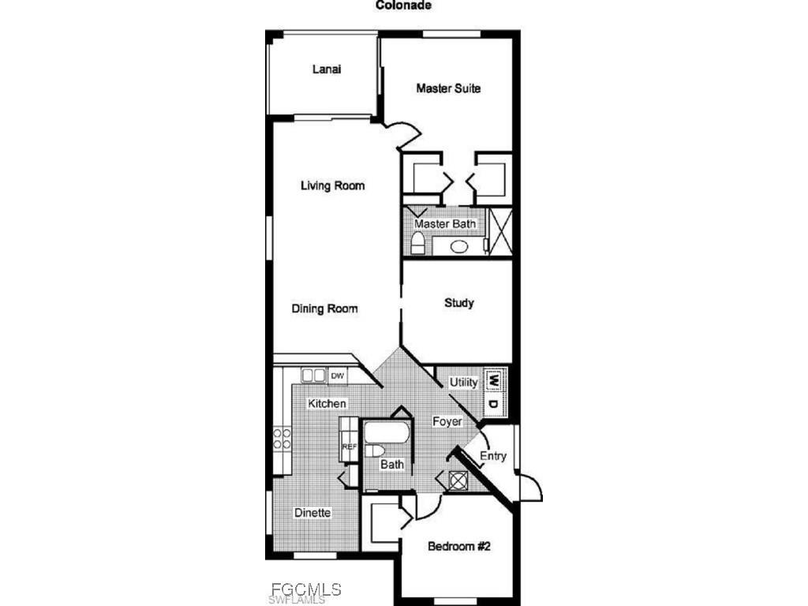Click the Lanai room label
(326, 69)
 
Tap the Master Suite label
(448, 88)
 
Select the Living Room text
(332, 186)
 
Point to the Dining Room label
(324, 309)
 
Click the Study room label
(458, 303)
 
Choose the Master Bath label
(445, 224)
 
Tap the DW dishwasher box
(338, 376)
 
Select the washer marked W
(494, 380)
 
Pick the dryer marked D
(494, 404)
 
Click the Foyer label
(447, 422)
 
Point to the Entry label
(493, 456)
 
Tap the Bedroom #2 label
(459, 546)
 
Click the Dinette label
(312, 513)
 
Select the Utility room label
(463, 383)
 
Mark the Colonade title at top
(402, 5)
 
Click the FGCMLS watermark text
(305, 589)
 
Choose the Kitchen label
(327, 404)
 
